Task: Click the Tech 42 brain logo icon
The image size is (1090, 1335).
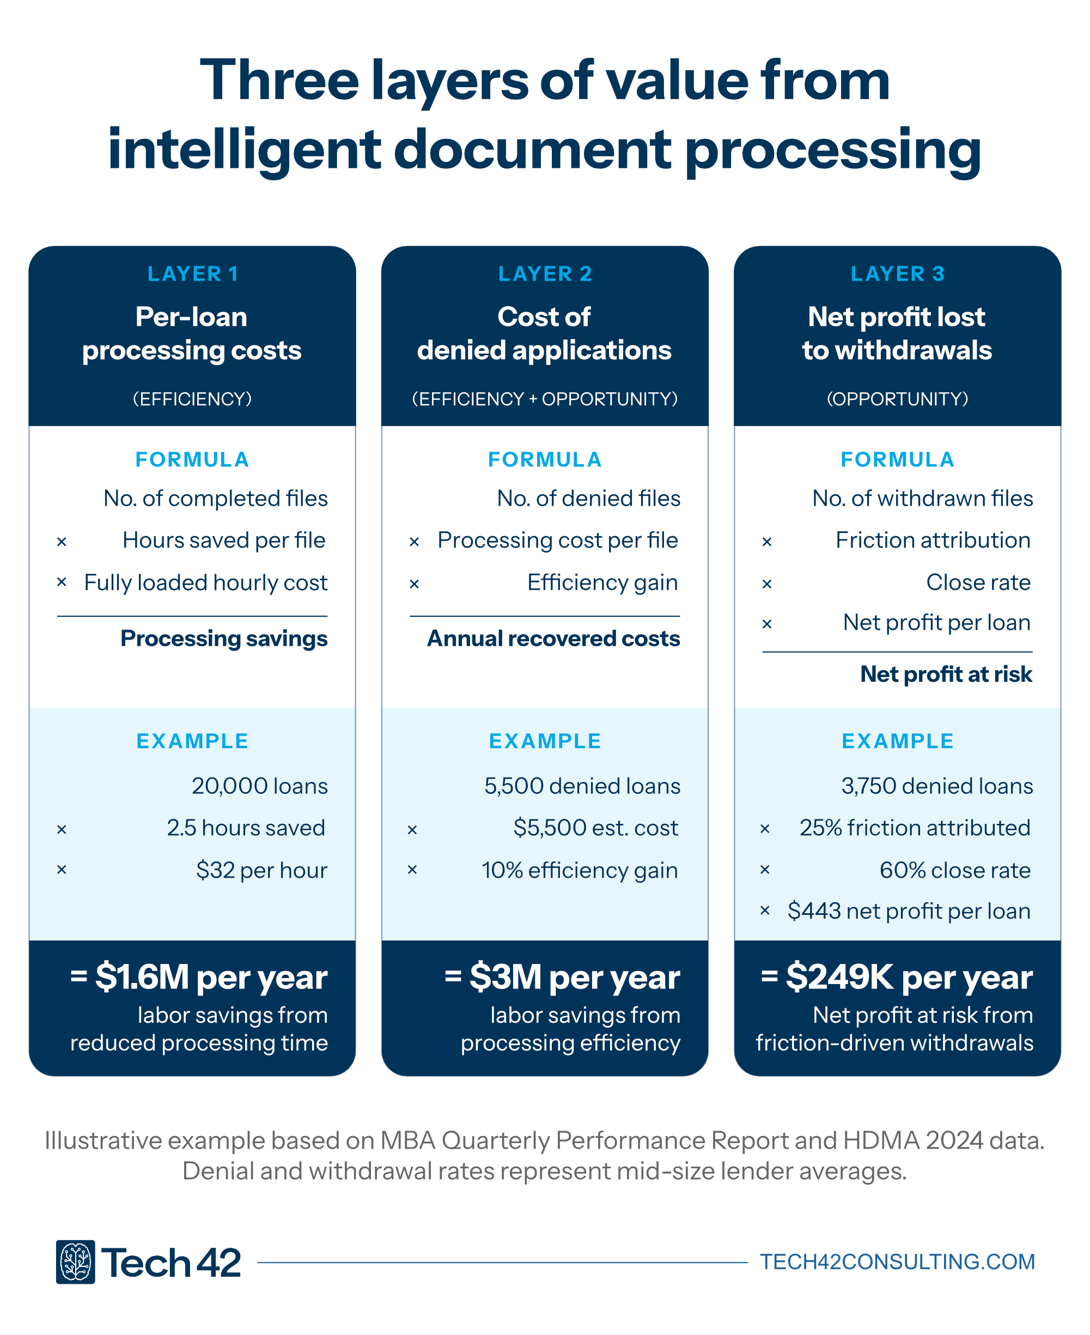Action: (75, 1261)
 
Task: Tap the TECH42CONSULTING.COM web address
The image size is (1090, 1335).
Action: (897, 1261)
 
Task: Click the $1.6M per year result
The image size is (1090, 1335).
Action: (199, 978)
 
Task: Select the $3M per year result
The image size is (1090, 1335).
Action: (563, 978)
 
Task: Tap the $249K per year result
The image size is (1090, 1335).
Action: (897, 978)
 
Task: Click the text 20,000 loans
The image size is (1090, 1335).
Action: (259, 786)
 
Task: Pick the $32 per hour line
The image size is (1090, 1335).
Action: (261, 870)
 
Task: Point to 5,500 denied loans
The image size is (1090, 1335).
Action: (582, 786)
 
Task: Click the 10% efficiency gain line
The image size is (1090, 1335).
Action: (580, 870)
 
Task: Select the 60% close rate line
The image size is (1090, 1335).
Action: (955, 870)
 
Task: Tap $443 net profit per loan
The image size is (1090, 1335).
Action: (909, 911)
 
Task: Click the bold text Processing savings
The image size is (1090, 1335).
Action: (224, 639)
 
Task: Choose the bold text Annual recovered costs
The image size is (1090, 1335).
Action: (553, 639)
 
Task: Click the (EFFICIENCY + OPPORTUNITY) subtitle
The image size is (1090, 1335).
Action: (545, 399)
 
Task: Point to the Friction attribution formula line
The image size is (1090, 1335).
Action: (933, 540)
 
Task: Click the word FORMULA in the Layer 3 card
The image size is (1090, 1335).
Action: (898, 460)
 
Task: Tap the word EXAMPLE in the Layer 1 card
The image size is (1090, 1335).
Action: (193, 741)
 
